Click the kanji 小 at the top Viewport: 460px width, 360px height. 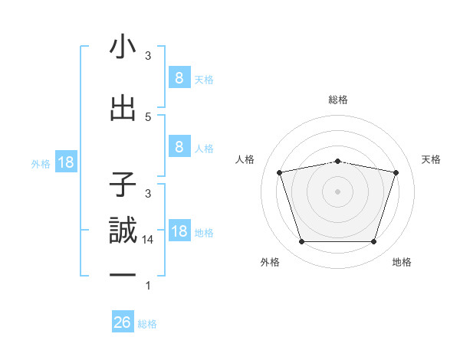(123, 49)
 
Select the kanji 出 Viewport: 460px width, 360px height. (123, 110)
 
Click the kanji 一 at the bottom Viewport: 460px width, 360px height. (123, 273)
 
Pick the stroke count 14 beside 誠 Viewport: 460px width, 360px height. (149, 239)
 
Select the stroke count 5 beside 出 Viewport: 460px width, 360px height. (148, 116)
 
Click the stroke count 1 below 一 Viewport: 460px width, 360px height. (148, 286)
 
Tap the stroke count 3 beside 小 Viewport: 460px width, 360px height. (148, 56)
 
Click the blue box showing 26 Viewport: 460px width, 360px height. (123, 322)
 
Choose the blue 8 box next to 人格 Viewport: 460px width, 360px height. (179, 147)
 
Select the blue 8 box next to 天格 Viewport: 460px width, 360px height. (179, 77)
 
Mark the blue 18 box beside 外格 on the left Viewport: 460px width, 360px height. (65, 162)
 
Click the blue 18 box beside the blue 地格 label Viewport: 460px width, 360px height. (179, 231)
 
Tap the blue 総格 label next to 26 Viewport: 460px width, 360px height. (147, 324)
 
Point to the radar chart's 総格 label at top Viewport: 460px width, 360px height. (337, 100)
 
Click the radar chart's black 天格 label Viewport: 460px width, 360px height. (431, 159)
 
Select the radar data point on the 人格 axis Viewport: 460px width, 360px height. (280, 173)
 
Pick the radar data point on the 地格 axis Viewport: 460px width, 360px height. (373, 242)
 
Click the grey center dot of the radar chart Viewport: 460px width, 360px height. (337, 191)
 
